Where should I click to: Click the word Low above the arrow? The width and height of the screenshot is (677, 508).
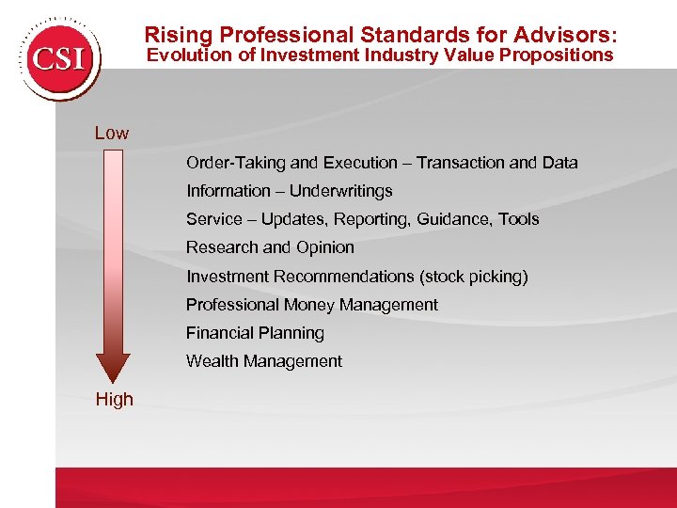(x=112, y=134)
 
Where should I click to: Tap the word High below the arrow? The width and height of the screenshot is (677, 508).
(x=114, y=399)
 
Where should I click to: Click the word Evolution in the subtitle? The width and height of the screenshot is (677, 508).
(x=194, y=56)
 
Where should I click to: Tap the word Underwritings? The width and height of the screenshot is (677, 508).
(x=340, y=191)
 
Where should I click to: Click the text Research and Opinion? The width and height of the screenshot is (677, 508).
(x=270, y=247)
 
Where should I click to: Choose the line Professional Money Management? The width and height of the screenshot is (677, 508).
(x=311, y=305)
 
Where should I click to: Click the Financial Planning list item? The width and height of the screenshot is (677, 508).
(x=255, y=333)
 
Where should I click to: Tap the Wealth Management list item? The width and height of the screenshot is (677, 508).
(x=263, y=361)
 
